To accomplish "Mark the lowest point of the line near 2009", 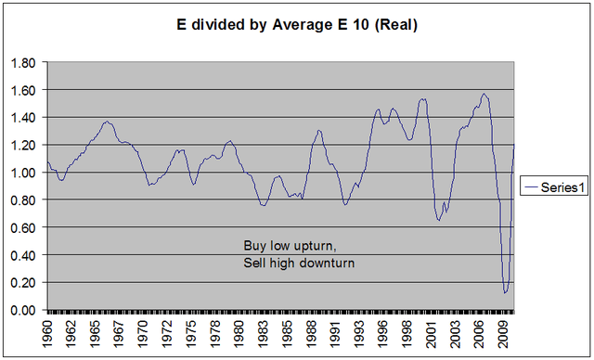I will [505, 293].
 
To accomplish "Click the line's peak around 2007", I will [484, 94].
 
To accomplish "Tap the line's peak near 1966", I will [107, 122].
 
